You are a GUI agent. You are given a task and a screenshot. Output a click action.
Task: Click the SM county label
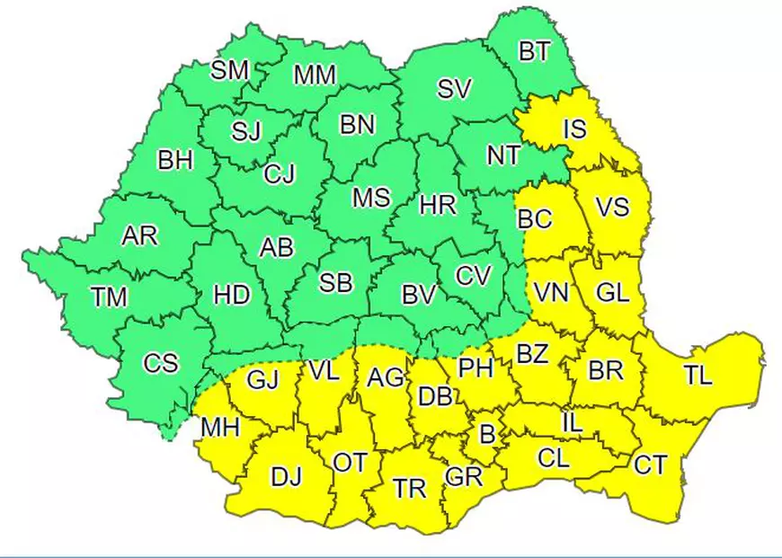[229, 71]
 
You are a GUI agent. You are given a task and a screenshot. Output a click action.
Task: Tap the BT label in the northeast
[534, 51]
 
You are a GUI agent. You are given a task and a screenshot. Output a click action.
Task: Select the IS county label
[574, 129]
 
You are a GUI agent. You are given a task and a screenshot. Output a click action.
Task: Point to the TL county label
[697, 375]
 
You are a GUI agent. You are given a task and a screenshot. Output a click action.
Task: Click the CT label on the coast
[650, 465]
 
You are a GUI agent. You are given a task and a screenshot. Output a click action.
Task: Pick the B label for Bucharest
[487, 435]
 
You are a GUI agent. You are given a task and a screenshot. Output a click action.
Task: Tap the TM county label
[110, 296]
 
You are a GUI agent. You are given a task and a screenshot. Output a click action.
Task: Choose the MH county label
[220, 428]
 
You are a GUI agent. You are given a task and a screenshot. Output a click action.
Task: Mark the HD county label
[232, 295]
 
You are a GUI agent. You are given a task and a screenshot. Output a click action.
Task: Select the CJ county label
[280, 173]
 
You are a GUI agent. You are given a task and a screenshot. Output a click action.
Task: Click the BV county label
[419, 294]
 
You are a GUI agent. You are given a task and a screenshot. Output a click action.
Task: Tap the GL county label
[613, 293]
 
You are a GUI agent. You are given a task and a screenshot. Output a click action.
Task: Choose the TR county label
[410, 489]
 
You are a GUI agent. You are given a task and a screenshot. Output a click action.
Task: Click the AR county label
[139, 235]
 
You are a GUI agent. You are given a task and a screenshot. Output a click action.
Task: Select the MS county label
[370, 197]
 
